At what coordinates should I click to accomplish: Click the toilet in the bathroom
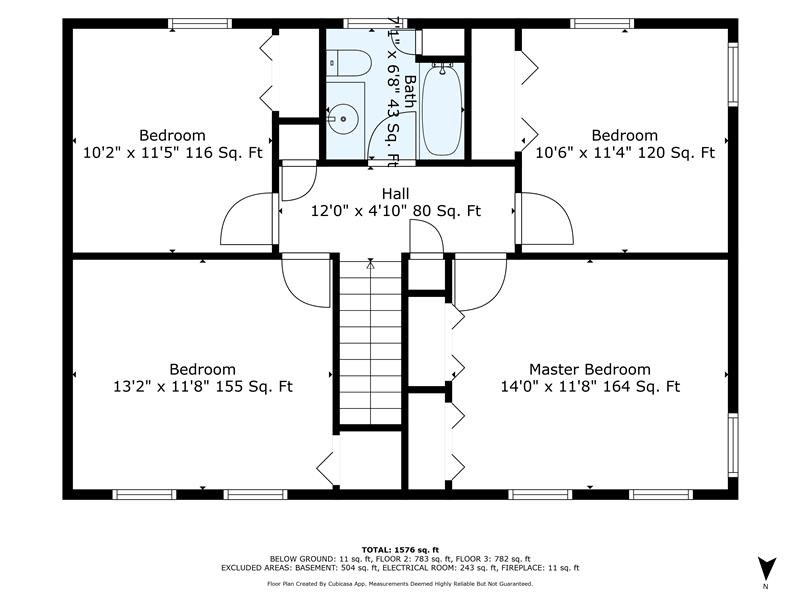348,63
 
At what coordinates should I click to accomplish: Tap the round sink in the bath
343,119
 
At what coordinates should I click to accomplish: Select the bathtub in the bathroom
442,109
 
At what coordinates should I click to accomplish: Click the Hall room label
395,194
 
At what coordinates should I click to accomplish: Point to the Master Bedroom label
589,369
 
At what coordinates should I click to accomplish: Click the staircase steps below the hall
370,343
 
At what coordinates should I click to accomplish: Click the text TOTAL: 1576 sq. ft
400,550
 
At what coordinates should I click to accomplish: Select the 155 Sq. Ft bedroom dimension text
203,387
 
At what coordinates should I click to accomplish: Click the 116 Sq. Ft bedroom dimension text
172,153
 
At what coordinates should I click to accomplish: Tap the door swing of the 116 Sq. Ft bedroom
247,219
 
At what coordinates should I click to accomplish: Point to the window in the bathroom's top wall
375,23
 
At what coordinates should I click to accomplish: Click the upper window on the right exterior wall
733,74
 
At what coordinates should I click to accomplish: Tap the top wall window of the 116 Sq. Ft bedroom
200,23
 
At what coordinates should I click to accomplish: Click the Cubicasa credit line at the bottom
400,584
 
